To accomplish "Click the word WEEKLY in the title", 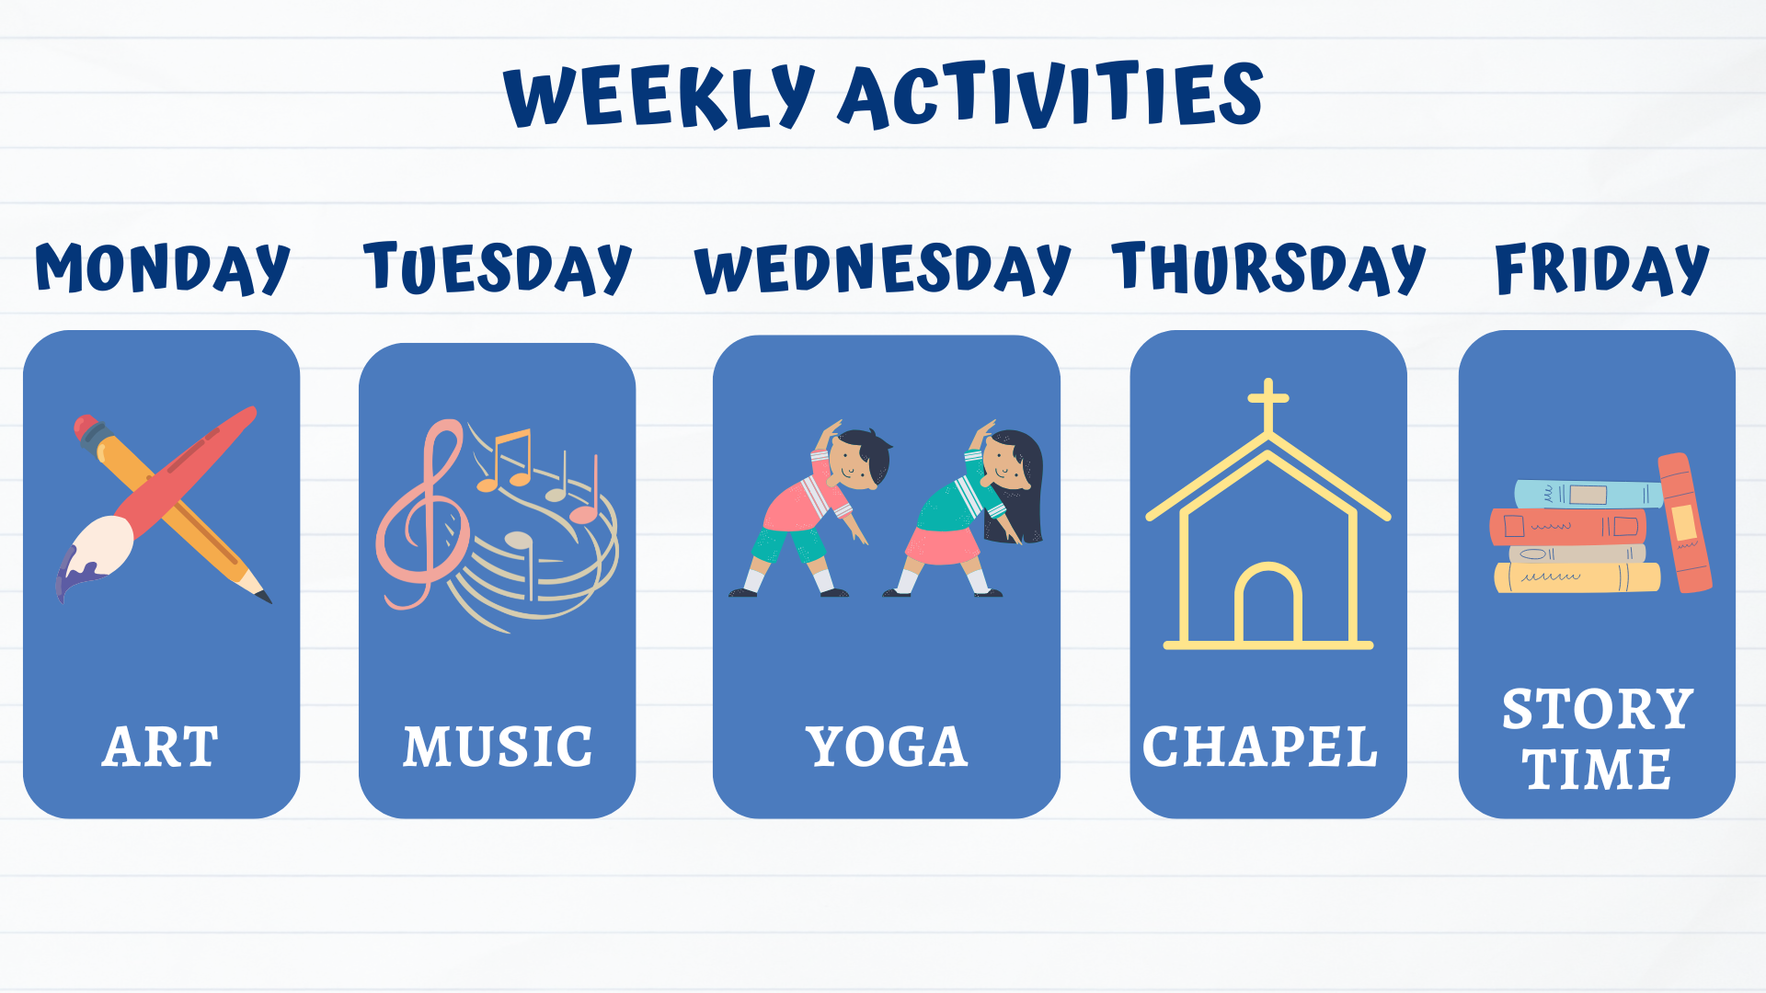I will (659, 97).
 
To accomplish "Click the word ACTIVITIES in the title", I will (1049, 95).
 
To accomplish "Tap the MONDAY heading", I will (162, 268).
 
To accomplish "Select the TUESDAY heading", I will (497, 268).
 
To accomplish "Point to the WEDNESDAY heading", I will (882, 268).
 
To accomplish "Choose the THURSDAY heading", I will (1267, 268).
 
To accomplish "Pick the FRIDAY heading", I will (1601, 268).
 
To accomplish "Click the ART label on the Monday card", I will (161, 747).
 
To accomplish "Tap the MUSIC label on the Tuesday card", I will (498, 747).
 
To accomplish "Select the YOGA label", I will (887, 747).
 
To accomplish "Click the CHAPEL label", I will (1260, 747).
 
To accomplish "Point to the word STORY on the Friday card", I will (1598, 710).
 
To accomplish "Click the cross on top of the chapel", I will (1268, 401).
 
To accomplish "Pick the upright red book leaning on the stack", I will (1684, 522).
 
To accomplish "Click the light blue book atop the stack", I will (1587, 495).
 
